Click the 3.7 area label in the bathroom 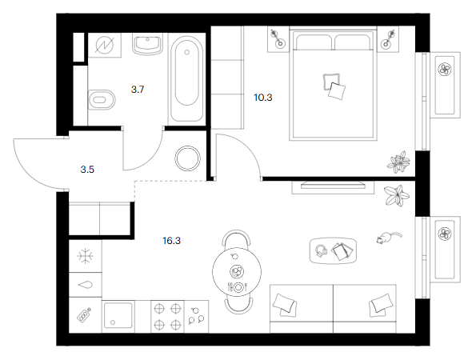[138, 90]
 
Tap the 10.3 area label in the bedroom [263, 98]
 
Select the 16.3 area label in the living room [171, 241]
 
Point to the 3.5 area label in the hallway [87, 170]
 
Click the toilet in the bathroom [102, 100]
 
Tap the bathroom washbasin [147, 45]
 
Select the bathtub [186, 79]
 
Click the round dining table [237, 272]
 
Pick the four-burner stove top [167, 317]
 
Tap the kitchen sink [118, 316]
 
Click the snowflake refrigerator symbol [86, 256]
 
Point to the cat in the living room [389, 238]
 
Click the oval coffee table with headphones [334, 250]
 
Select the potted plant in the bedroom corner [398, 162]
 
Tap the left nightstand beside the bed [278, 39]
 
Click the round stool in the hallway [187, 158]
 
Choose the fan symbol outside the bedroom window [445, 70]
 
